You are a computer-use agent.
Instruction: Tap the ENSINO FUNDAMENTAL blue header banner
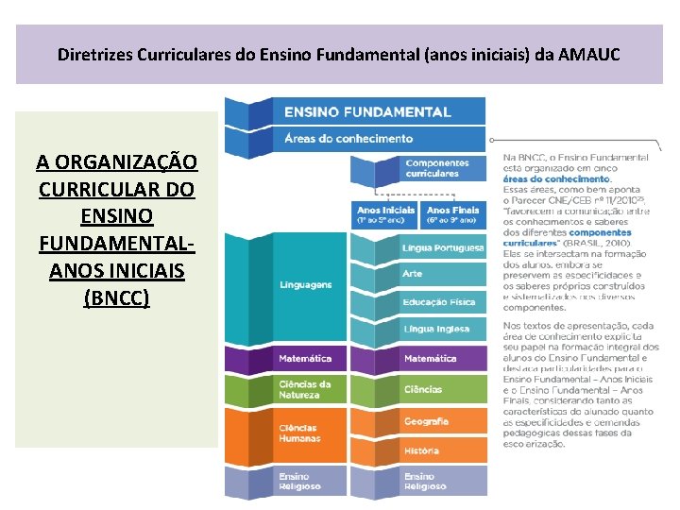pos(367,111)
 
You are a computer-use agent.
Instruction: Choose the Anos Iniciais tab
pos(385,214)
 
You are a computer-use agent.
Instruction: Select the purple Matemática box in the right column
pos(431,359)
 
